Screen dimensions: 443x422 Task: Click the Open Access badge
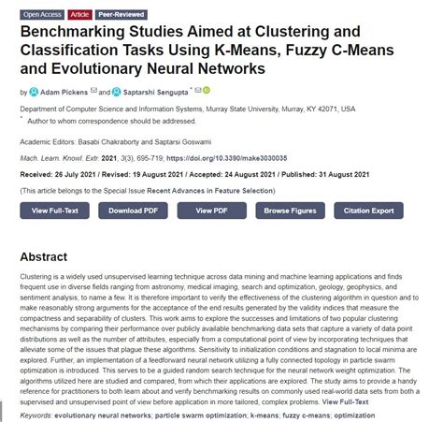click(42, 15)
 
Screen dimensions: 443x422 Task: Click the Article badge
click(80, 15)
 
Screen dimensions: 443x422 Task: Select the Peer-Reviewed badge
click(121, 15)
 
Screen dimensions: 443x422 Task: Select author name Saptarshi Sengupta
click(154, 92)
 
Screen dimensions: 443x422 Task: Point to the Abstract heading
click(44, 256)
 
